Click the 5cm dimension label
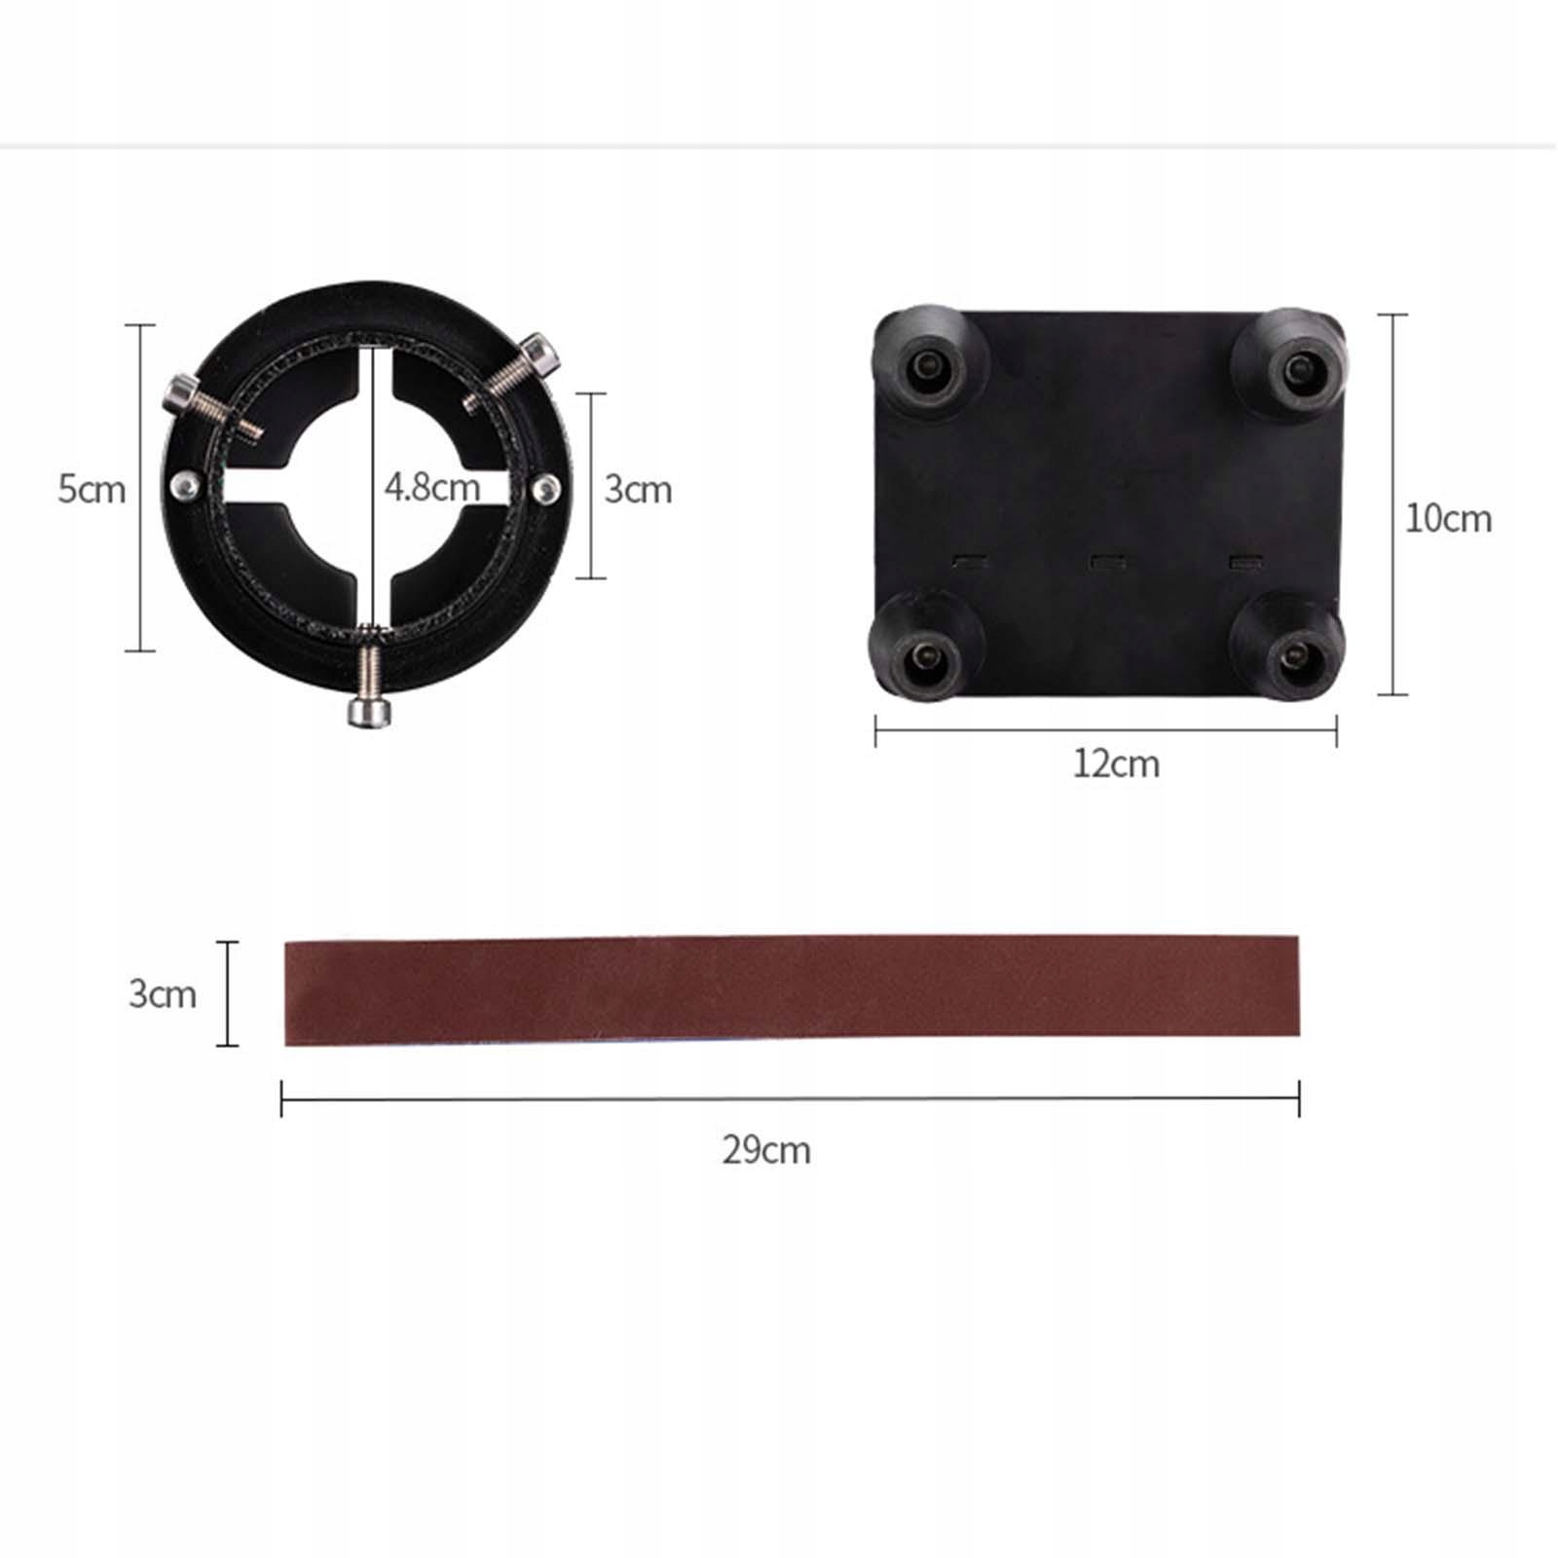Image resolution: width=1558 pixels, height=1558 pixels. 92,489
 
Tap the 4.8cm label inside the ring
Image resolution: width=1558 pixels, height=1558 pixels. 432,487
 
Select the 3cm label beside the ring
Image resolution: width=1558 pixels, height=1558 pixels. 638,489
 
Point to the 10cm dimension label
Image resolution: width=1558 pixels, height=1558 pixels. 1448,518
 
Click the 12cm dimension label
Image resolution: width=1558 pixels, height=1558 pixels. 1116,763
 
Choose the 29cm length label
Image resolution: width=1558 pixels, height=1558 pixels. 766,1150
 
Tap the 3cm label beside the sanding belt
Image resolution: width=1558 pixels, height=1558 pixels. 163,993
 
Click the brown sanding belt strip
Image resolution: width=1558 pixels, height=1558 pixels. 792,991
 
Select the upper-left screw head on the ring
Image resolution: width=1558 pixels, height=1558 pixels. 181,393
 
